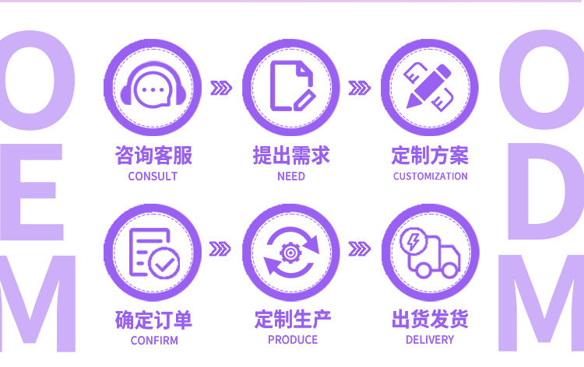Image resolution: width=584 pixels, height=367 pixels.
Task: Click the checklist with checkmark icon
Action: [153, 252]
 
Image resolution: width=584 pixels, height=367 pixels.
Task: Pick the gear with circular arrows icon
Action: [291, 252]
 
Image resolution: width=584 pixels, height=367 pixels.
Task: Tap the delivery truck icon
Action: [430, 252]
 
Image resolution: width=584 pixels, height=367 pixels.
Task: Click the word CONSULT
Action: [153, 177]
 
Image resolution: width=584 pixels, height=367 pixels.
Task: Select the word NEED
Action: [291, 177]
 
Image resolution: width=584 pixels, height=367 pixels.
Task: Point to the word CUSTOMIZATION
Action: [430, 177]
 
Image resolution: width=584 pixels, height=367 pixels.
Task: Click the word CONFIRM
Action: [154, 340]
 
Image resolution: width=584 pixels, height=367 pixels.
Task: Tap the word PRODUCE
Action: [293, 340]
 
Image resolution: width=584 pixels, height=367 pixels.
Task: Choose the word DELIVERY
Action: [430, 340]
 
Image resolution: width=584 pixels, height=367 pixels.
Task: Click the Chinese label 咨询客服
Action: [153, 155]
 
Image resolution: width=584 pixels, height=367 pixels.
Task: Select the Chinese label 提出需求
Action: [291, 155]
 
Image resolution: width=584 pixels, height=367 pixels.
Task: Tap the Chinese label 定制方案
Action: [430, 155]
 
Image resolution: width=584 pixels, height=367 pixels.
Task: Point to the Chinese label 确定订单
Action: [153, 319]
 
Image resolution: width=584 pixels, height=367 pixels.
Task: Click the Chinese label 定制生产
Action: [293, 319]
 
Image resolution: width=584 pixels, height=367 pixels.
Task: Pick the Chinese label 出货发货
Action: [430, 319]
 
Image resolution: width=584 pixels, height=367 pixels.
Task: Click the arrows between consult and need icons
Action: [221, 87]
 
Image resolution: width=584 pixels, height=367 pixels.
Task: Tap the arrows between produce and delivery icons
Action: [359, 249]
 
